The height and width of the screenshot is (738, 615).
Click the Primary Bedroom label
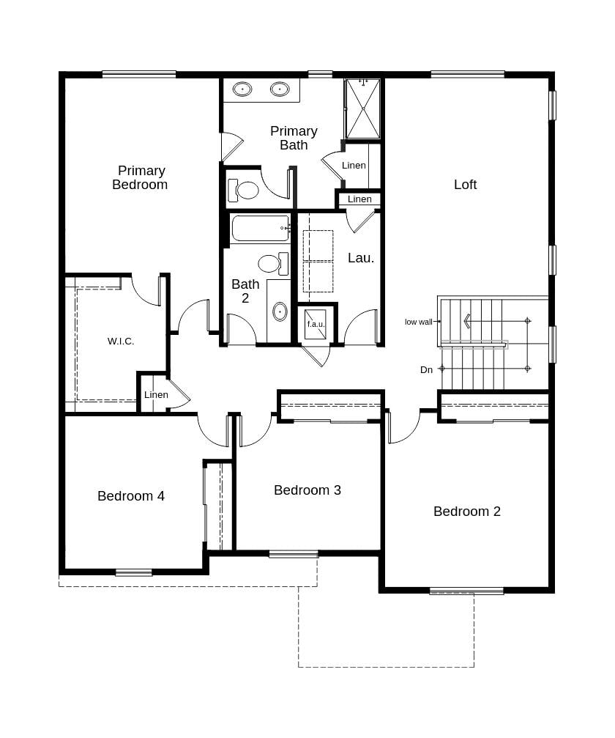pos(140,177)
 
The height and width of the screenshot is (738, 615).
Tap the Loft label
pos(465,184)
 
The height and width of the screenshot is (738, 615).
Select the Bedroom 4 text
pos(131,496)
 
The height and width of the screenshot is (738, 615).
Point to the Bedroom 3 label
pos(307,490)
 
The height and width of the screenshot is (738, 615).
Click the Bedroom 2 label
pos(467,512)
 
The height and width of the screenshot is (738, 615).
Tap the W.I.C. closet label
pos(121,341)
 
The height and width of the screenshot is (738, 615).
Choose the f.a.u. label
pos(316,324)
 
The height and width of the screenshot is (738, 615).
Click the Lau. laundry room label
pos(361,258)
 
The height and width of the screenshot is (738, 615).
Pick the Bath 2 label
pos(245,291)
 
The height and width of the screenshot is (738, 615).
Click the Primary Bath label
pos(294,138)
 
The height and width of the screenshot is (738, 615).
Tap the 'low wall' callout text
pos(419,322)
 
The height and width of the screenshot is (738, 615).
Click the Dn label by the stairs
pos(426,370)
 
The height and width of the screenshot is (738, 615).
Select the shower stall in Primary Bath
pos(362,108)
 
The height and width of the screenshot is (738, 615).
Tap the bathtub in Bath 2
pos(260,229)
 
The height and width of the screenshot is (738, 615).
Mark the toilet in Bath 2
pos(271,262)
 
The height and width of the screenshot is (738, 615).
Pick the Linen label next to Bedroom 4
pos(156,395)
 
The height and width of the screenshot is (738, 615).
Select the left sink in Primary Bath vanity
pos(242,89)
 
